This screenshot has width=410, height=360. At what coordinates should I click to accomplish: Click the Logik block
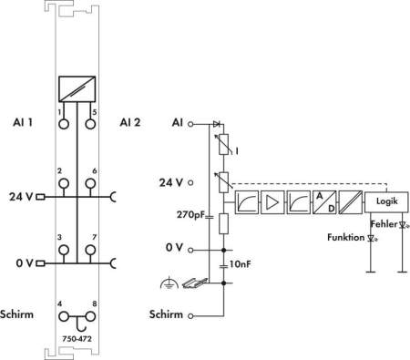386,201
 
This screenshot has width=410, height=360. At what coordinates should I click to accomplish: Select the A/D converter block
324,202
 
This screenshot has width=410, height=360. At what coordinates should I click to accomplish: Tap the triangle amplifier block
272,202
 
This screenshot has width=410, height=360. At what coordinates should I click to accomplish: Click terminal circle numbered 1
64,124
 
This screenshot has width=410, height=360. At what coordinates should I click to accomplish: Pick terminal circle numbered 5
90,124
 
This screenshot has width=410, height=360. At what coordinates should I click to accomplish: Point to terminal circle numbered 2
64,183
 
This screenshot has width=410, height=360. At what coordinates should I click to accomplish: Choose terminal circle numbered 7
90,250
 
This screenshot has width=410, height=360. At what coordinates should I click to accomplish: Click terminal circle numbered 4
64,316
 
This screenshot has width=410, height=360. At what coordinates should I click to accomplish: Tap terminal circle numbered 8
90,316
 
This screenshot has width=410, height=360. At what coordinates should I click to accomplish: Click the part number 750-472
77,338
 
